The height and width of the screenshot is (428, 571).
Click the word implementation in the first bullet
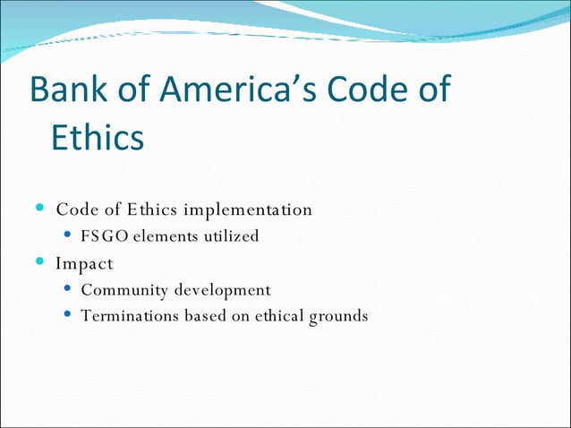pos(248,210)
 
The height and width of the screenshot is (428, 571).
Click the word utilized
pos(231,236)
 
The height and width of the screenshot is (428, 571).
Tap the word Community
pos(123,290)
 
